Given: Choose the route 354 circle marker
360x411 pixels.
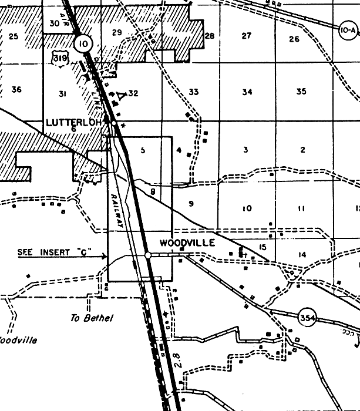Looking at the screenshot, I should [307, 318].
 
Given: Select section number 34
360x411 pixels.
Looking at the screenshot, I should [247, 92].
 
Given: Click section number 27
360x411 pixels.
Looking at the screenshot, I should [247, 36].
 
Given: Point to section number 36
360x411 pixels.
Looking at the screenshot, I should [16, 90].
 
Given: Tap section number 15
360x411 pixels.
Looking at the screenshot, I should [263, 247].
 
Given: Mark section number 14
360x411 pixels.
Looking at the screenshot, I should [302, 254].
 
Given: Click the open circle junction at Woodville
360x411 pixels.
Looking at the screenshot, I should [148, 255].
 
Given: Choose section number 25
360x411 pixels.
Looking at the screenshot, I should [14, 36].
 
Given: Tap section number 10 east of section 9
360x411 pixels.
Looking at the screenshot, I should [247, 208].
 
